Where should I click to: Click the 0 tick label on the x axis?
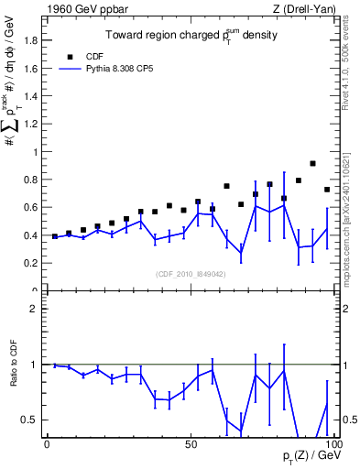click(47, 442)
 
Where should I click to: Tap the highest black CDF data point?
click(312, 163)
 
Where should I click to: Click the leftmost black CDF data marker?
click(55, 236)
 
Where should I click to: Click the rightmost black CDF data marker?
click(327, 190)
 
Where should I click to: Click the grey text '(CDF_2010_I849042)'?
click(191, 272)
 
